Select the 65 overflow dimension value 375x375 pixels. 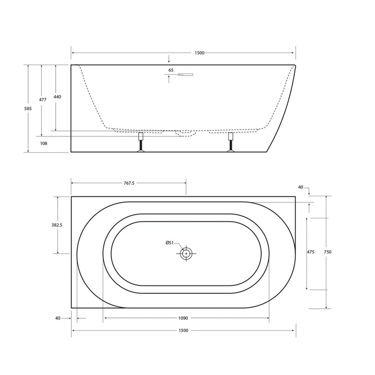point(171,70)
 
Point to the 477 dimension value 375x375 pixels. point(43,99)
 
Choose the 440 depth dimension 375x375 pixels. point(57,97)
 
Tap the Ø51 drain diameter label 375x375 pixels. point(170,243)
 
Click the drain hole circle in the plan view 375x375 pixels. point(186,254)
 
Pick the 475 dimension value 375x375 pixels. point(310,252)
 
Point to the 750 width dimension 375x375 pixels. point(328,252)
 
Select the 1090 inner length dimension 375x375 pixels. point(183,318)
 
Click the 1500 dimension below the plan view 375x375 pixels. point(183,331)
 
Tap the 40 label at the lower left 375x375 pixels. point(57,318)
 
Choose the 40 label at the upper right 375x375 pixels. point(301,186)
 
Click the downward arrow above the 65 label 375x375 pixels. point(168,59)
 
